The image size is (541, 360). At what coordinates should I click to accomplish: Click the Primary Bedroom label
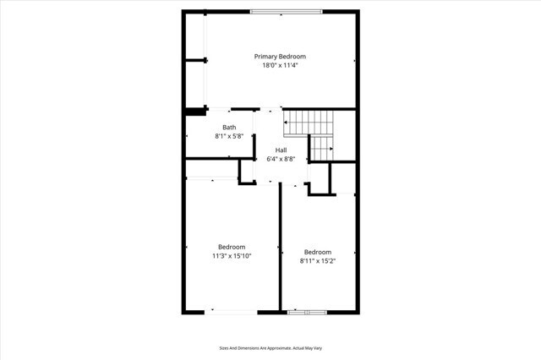pyautogui.click(x=280, y=57)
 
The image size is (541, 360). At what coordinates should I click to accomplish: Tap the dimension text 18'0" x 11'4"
pyautogui.click(x=280, y=65)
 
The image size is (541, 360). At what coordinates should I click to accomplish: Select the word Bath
pyautogui.click(x=229, y=127)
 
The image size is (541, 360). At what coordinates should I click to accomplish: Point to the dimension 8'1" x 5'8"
pyautogui.click(x=229, y=135)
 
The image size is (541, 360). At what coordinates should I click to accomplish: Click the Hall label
pyautogui.click(x=281, y=150)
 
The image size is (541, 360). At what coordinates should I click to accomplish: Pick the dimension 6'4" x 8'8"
pyautogui.click(x=281, y=158)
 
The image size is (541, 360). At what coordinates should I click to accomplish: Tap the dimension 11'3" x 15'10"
pyautogui.click(x=232, y=255)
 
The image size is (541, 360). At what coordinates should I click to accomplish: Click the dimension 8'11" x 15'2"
pyautogui.click(x=318, y=260)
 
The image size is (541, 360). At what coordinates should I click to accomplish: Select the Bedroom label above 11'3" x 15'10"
pyautogui.click(x=232, y=247)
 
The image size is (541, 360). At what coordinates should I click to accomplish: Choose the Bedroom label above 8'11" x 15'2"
pyautogui.click(x=318, y=252)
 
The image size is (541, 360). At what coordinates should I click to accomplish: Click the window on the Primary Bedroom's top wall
pyautogui.click(x=286, y=11)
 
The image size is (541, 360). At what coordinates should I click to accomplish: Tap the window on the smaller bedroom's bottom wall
pyautogui.click(x=307, y=313)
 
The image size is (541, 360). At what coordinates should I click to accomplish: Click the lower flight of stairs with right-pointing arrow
pyautogui.click(x=321, y=147)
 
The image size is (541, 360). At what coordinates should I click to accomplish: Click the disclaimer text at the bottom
pyautogui.click(x=270, y=347)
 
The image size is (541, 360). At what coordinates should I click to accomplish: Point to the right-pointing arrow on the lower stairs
pyautogui.click(x=328, y=150)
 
